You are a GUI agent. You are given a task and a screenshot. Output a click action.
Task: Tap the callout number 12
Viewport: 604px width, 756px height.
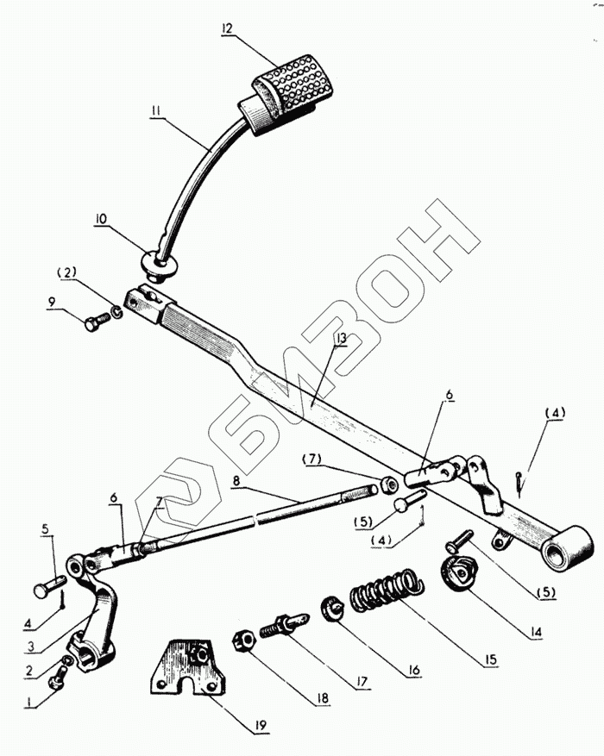[x=227, y=28]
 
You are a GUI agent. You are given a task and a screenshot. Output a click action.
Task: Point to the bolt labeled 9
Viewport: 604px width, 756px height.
[x=93, y=323]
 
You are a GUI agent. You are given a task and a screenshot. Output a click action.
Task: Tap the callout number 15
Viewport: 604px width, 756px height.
[x=490, y=659]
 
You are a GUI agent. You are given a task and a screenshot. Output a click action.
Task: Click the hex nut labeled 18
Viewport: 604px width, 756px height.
[x=242, y=641]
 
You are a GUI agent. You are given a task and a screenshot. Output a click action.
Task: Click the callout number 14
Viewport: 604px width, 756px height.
[x=537, y=632]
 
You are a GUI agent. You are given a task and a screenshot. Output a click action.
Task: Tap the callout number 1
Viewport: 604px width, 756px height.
[x=32, y=703]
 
